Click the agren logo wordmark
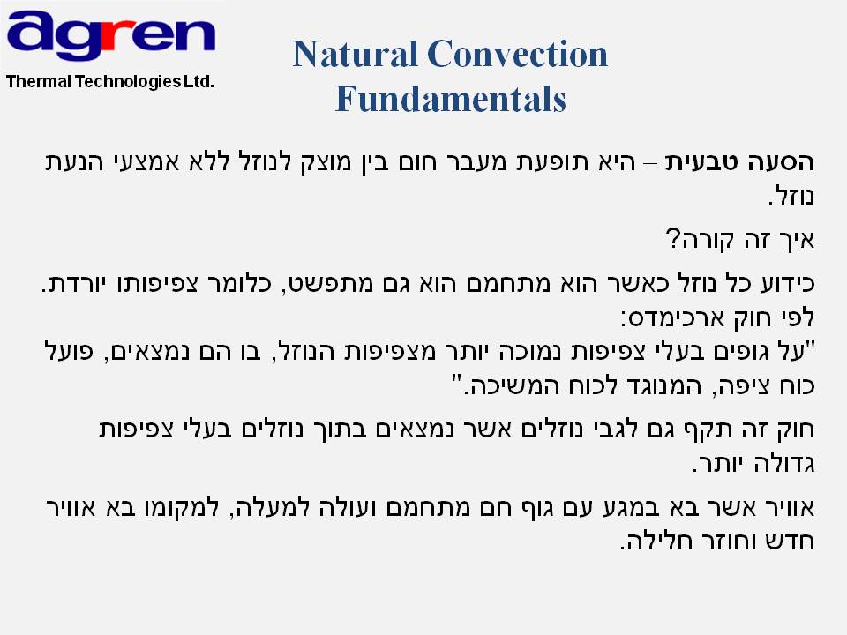click(111, 34)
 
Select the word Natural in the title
click(356, 55)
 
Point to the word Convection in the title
click(518, 55)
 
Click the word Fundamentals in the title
click(451, 99)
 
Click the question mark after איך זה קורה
click(672, 239)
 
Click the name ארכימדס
click(675, 318)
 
